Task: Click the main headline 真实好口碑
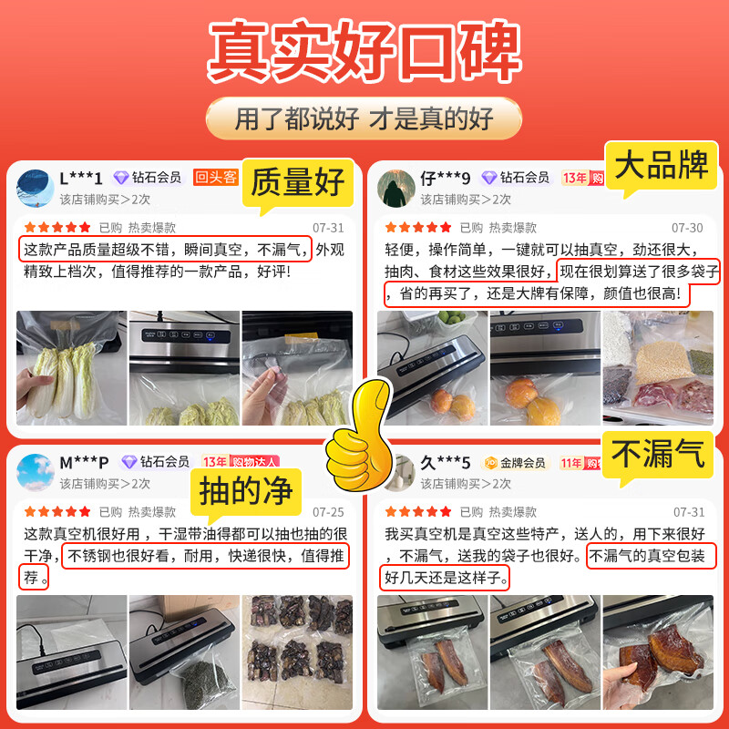click(364, 55)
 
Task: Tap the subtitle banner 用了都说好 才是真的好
click(364, 118)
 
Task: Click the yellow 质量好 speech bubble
click(297, 181)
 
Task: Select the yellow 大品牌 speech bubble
click(661, 167)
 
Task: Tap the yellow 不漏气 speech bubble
click(660, 454)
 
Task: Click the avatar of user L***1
click(36, 187)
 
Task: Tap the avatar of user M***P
click(36, 471)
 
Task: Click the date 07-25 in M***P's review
click(328, 512)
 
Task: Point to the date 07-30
click(687, 228)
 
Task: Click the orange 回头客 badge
click(216, 177)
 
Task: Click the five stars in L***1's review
click(56, 228)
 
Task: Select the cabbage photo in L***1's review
click(71, 368)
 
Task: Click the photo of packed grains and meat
click(657, 368)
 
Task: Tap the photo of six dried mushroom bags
click(296, 652)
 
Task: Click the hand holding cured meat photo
click(657, 652)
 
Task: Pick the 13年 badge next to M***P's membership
click(214, 462)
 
